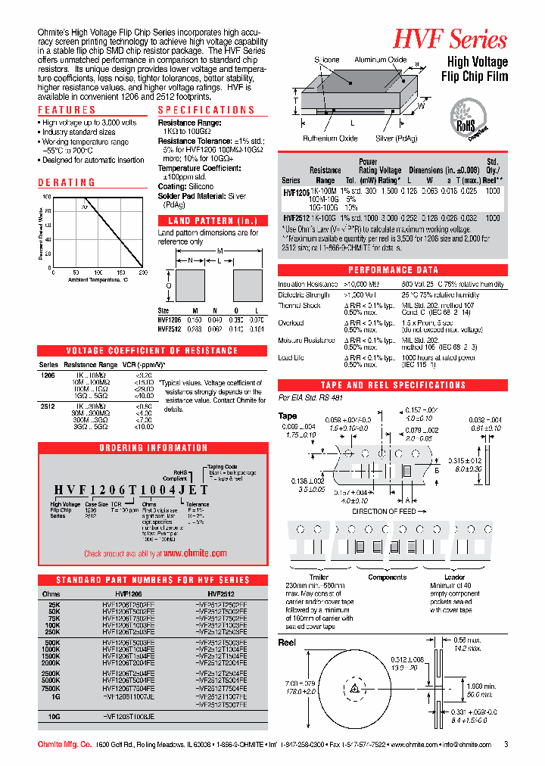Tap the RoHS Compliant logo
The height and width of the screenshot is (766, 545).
(467, 120)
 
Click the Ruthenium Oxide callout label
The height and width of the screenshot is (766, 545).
(330, 139)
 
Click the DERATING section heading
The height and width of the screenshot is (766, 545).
(67, 182)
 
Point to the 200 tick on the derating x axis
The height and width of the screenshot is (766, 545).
(143, 272)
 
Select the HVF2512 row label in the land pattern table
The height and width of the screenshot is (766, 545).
(170, 329)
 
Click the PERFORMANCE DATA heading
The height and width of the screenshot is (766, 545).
(393, 270)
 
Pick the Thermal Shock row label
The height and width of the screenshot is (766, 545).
(301, 306)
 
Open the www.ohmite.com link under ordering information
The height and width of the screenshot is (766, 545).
(195, 553)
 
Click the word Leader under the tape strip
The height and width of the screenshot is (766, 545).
(454, 578)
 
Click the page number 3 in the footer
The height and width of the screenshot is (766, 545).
(506, 745)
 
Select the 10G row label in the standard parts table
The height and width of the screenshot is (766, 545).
(54, 715)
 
